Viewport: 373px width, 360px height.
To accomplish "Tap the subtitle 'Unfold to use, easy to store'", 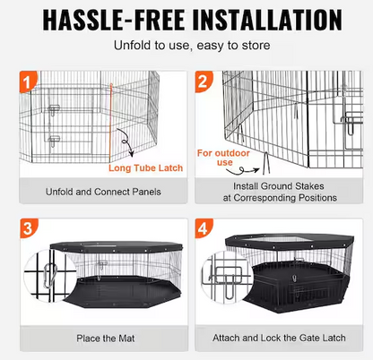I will coord(186,46).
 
